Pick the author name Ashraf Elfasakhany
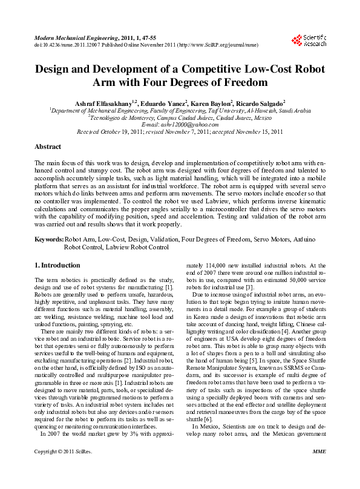104,104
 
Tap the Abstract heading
48,146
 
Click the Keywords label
49,240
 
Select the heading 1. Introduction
57,265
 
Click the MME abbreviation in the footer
319,468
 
